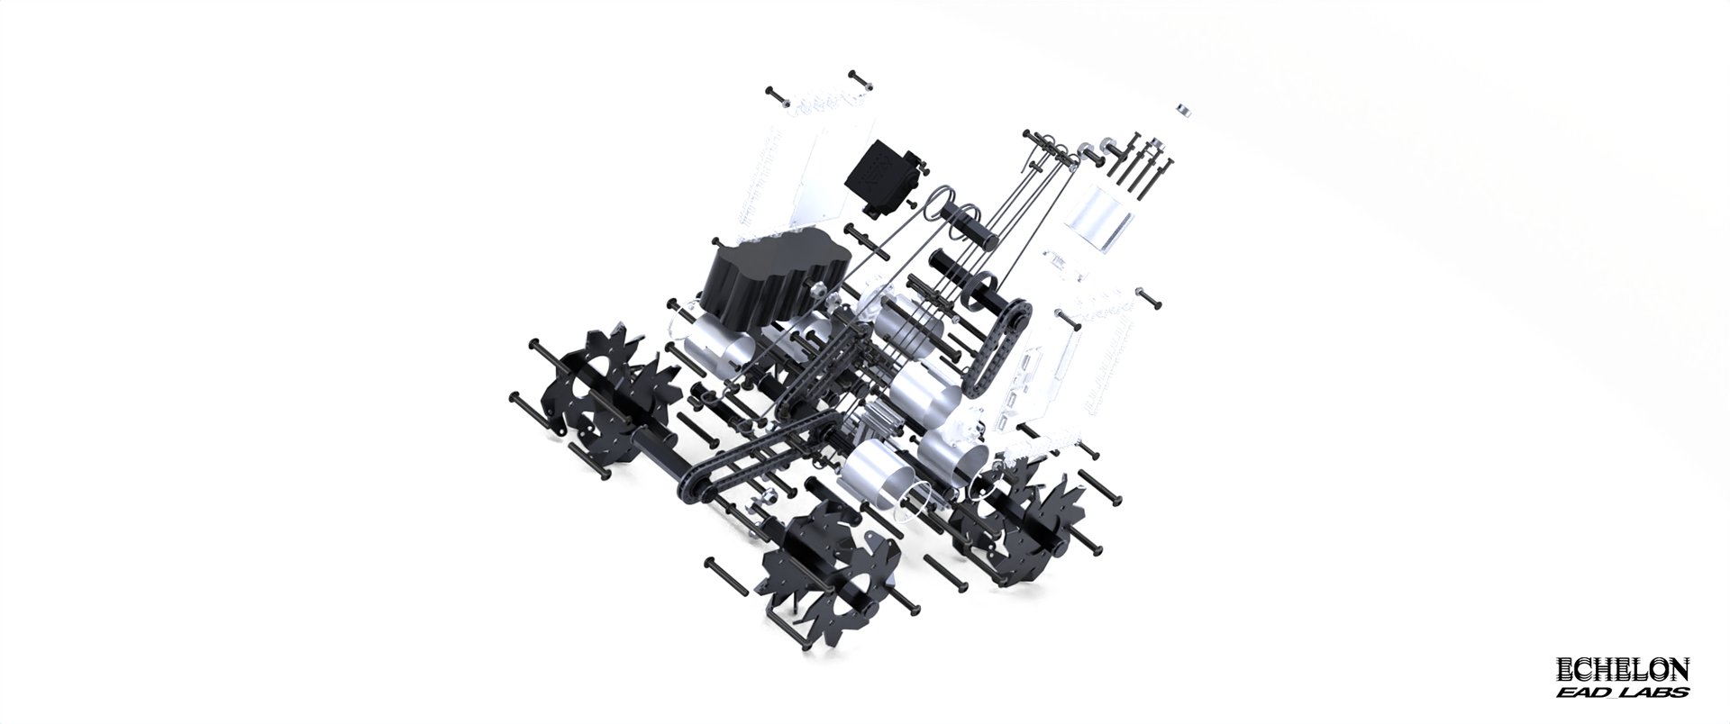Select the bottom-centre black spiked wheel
pos(829,564)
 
